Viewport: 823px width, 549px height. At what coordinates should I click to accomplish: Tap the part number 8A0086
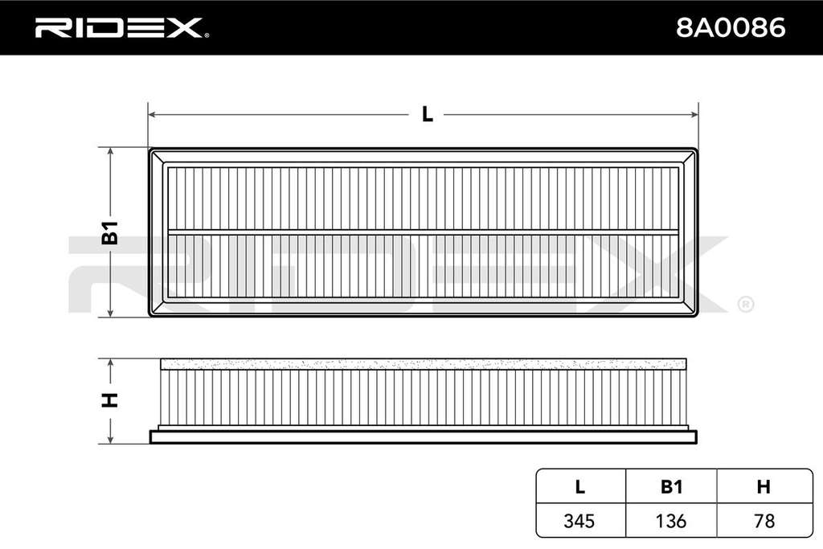point(730,28)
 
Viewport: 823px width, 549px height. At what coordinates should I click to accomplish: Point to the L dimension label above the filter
point(428,114)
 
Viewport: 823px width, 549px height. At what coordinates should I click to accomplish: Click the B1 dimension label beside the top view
point(109,232)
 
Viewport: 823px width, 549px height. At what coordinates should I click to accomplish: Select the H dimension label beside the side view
point(109,400)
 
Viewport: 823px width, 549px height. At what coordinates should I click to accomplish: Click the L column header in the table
point(579,487)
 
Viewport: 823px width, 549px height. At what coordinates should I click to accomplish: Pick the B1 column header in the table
point(671,487)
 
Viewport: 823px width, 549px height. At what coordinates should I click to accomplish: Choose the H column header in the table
point(764,487)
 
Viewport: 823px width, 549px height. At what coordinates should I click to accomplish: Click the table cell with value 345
point(579,521)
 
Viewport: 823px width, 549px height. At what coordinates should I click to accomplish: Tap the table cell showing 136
point(671,521)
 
